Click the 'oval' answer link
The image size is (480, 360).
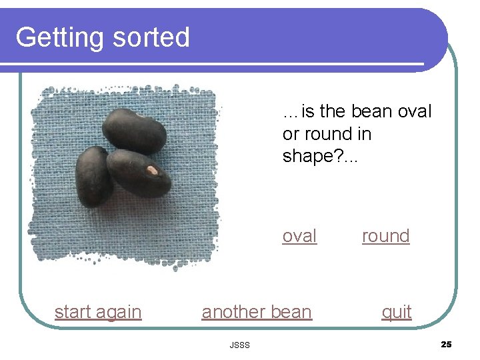(x=299, y=236)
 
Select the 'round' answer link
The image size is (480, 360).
(x=385, y=236)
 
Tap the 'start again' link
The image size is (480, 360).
(x=98, y=312)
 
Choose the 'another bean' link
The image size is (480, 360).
(x=257, y=312)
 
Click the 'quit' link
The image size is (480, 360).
(x=397, y=312)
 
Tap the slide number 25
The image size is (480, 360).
(x=446, y=344)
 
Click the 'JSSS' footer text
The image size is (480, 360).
(x=239, y=345)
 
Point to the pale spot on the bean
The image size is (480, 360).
(x=152, y=171)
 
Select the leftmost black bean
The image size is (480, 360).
(x=93, y=176)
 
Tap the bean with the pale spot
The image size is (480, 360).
(x=139, y=173)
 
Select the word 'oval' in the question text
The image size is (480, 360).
(x=415, y=111)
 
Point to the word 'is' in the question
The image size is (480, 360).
(x=308, y=111)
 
